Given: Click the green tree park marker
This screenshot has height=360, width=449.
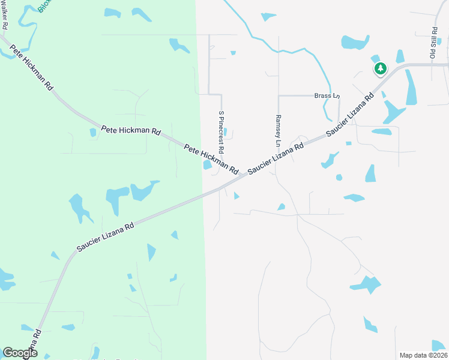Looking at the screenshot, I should click(380, 69).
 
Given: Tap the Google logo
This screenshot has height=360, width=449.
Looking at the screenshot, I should click(20, 353).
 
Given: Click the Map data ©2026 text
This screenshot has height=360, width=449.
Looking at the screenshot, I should click(423, 355).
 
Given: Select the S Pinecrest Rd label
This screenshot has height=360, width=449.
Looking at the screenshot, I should click(221, 131).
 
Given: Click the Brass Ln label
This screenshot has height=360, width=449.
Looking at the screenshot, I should click(327, 95).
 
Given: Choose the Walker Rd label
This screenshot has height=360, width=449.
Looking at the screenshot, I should click(4, 15).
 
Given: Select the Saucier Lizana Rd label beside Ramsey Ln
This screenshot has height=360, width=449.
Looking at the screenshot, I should click(276, 159).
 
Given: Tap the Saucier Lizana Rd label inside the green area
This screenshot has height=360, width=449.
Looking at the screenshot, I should click(105, 238).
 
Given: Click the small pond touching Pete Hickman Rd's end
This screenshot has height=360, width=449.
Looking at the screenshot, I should click(207, 164).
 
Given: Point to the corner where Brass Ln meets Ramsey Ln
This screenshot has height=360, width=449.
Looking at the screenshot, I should click(279, 95).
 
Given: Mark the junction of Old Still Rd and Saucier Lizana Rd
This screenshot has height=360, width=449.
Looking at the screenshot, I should click(432, 64).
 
